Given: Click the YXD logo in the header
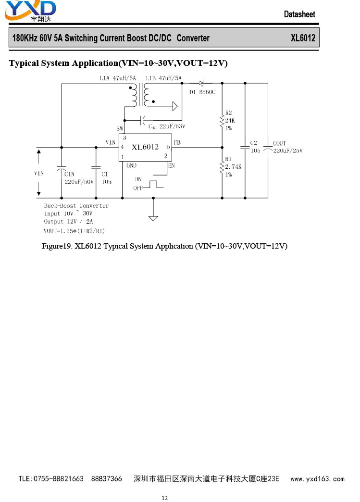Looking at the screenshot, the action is [30, 11].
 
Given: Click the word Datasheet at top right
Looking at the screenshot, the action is [299, 14].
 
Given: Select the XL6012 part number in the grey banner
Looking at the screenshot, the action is [303, 38].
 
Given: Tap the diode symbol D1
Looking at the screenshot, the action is [201, 83].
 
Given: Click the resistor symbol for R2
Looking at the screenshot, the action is [222, 122].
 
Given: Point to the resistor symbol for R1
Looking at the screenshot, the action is [222, 167].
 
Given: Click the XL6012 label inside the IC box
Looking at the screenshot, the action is [145, 147].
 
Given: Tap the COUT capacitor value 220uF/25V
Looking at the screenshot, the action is [288, 151].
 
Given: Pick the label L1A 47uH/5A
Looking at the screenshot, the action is [118, 78].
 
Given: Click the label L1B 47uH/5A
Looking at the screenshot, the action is [163, 78].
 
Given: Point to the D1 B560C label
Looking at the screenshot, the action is [202, 92].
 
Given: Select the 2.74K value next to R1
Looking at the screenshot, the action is [233, 166].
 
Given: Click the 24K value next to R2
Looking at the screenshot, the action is [230, 121].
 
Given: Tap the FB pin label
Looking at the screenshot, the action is [177, 142].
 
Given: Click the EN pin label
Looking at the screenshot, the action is [172, 165].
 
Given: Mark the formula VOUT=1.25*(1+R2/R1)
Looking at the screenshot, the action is [74, 231].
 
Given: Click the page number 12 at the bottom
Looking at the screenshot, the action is [164, 498].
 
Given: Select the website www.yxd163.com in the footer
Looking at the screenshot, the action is [317, 479].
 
